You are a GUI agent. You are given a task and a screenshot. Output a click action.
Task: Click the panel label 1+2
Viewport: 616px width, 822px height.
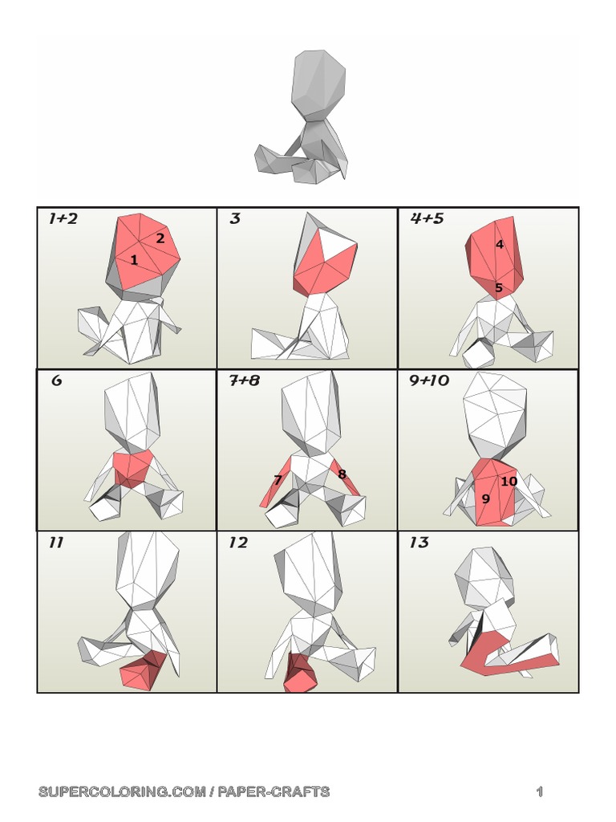click(x=63, y=218)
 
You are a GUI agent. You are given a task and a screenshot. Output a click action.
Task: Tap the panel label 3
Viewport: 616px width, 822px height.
click(x=235, y=218)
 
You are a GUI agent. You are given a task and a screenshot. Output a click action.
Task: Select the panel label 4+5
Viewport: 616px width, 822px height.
click(x=427, y=218)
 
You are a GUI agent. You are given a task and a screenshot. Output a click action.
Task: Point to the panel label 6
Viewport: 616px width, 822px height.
click(x=57, y=380)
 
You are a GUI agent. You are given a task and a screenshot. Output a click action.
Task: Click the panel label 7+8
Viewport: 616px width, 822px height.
click(x=244, y=380)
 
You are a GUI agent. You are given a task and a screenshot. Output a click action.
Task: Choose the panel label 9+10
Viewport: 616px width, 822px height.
click(x=429, y=380)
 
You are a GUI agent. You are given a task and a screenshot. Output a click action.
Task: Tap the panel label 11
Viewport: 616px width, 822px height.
click(x=56, y=542)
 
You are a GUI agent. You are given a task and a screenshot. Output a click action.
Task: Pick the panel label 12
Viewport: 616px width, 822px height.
click(x=237, y=542)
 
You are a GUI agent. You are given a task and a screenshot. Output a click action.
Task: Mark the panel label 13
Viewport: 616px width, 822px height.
click(x=419, y=542)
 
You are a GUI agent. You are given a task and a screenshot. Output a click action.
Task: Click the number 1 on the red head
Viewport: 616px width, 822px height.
click(x=134, y=259)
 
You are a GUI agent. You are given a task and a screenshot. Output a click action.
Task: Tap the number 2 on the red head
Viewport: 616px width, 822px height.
click(x=160, y=238)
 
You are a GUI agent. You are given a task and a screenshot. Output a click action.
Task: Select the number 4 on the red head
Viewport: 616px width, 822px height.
click(x=499, y=244)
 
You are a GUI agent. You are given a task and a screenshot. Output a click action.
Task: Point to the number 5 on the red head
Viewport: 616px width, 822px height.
click(x=499, y=287)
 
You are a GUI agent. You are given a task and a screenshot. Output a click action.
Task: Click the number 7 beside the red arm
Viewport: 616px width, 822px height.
click(x=278, y=480)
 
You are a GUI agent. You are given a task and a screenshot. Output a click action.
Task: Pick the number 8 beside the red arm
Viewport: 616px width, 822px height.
click(x=342, y=474)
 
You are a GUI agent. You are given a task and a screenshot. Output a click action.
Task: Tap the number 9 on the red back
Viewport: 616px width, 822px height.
click(x=485, y=498)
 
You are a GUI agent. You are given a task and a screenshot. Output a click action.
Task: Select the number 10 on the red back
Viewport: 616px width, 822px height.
click(x=509, y=482)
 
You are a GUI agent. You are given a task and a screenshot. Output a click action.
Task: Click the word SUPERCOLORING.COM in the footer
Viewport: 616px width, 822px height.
click(x=122, y=791)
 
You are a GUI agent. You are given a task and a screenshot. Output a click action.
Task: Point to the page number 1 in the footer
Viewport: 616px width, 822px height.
click(x=540, y=791)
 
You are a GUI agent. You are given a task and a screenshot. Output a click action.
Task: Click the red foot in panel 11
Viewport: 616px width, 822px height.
click(x=141, y=671)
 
